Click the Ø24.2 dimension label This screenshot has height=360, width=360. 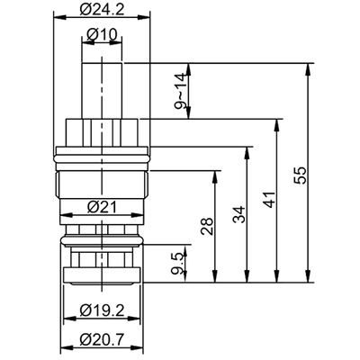(x=101, y=11)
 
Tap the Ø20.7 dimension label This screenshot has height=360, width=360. (x=101, y=340)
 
